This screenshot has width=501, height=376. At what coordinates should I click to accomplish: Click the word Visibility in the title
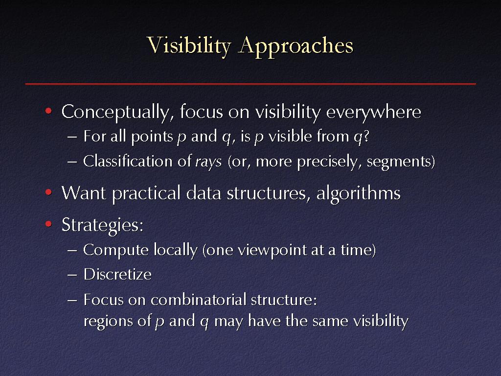tap(189, 46)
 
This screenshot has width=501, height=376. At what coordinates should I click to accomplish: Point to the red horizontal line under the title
tap(250, 84)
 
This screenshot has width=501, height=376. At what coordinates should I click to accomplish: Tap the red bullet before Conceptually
tap(48, 111)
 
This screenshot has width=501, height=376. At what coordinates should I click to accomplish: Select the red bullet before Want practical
tap(48, 192)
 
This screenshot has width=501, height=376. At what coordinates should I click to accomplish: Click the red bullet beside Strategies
tap(48, 224)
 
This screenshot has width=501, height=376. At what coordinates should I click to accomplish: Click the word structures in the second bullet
tap(266, 193)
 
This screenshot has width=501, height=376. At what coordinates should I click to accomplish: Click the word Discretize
tap(117, 274)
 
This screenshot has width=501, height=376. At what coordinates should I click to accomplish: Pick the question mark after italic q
tap(366, 136)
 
